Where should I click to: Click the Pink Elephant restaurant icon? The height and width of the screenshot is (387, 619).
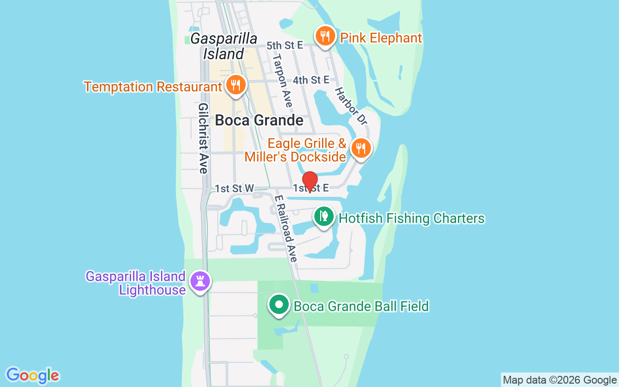(x=325, y=36)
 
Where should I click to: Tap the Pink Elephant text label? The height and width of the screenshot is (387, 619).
(x=381, y=38)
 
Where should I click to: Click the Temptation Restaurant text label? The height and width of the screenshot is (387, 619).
(x=153, y=87)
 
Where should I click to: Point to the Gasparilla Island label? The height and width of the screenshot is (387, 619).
(x=223, y=46)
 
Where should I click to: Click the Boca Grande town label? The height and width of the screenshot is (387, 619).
(x=259, y=120)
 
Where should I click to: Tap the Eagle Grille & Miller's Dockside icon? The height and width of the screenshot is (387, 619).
(x=361, y=148)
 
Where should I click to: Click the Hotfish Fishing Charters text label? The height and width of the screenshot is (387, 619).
(x=412, y=219)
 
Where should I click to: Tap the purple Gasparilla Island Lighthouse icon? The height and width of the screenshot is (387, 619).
(x=200, y=281)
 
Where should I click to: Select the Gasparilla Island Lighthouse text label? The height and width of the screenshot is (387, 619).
(x=136, y=283)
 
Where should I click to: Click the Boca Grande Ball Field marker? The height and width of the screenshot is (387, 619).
(x=279, y=305)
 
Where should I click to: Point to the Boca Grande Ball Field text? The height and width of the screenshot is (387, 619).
(x=361, y=306)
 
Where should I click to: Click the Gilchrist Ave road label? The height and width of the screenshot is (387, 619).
(x=203, y=138)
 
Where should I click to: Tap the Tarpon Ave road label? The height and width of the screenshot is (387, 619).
(x=282, y=80)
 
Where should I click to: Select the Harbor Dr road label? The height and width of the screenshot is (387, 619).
(x=351, y=105)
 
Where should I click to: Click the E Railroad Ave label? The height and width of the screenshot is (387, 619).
(x=286, y=229)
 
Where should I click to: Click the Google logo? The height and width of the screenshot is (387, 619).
(x=32, y=375)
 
